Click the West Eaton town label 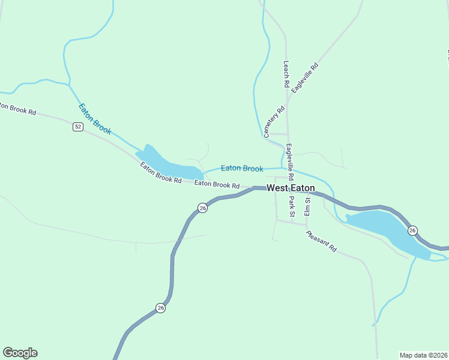[291, 188]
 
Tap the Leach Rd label [286, 74]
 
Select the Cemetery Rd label [274, 122]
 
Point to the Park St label [292, 206]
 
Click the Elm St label [307, 206]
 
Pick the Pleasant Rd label [321, 241]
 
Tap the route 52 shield [78, 127]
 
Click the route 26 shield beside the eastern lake [412, 230]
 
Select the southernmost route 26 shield [160, 308]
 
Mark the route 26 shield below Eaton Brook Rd [202, 208]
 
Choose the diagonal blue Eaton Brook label [95, 118]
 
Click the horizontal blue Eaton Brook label [242, 169]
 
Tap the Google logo [20, 353]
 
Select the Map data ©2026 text [423, 355]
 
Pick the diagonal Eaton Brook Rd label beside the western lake [160, 173]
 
